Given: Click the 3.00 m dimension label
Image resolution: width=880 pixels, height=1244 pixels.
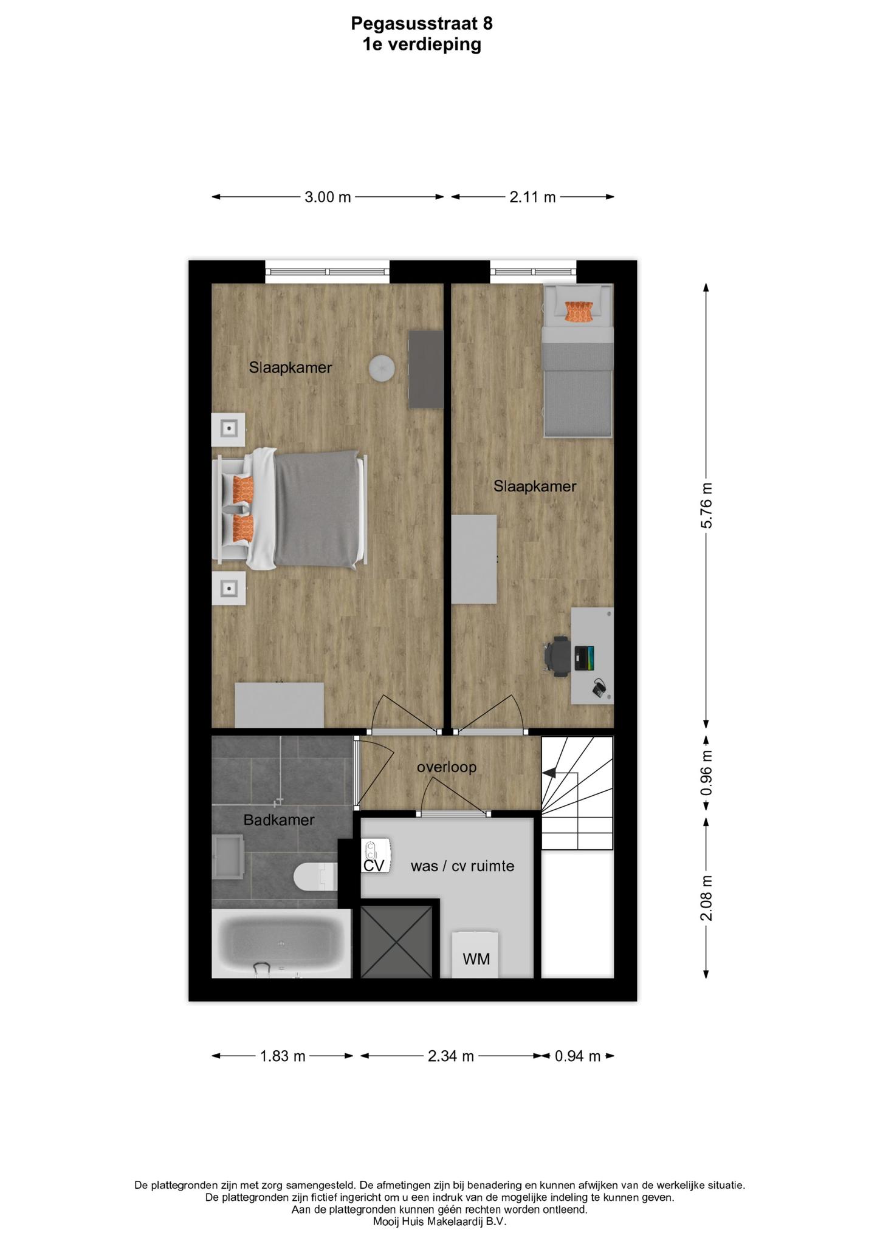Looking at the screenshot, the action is coord(328,197).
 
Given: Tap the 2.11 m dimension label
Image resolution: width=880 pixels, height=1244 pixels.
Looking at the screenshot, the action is coord(532,197).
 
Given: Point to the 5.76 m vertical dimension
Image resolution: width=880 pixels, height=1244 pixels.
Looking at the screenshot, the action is coord(706,505).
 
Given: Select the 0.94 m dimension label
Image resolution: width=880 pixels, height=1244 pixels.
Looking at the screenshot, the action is coord(577,1056).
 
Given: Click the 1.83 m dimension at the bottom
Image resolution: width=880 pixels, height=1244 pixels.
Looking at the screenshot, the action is coord(283,1056).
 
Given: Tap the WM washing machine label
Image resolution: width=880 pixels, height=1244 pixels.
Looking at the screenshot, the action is coord(476,959).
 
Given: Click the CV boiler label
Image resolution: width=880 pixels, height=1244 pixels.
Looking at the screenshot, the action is coord(374,866).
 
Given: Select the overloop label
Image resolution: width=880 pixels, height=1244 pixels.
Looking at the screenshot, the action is coord(447,767).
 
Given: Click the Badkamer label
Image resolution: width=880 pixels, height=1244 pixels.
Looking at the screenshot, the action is coord(279,820).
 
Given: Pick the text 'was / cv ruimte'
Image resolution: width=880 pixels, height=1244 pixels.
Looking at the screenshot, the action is coord(462,866).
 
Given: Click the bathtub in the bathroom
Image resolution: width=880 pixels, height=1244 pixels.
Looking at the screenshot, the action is coord(281,944).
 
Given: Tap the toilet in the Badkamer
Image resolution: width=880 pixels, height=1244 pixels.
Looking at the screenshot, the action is coord(315,877).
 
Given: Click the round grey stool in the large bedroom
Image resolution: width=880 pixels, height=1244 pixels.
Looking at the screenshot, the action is coord(382,367).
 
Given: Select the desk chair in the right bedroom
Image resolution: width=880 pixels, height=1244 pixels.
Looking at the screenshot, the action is coord(558,655).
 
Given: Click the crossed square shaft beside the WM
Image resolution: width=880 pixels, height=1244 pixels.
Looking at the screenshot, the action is coord(396,942).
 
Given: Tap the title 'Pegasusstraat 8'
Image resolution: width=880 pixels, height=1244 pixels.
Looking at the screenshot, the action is coord(422,23).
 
